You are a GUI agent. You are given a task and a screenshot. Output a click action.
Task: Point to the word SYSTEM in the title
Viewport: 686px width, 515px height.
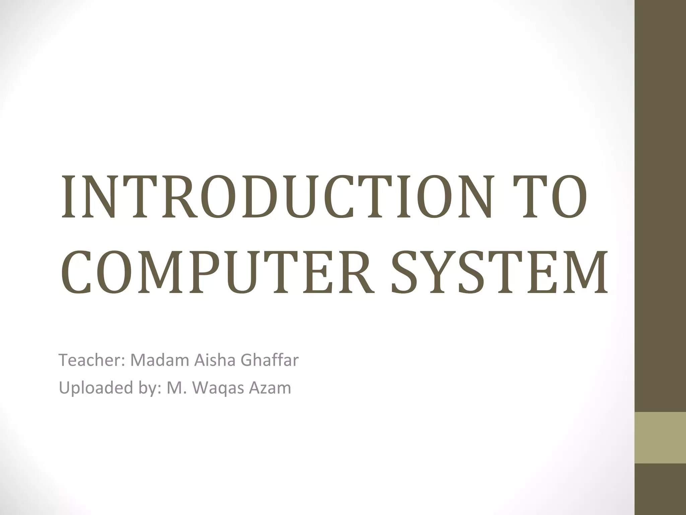(499, 272)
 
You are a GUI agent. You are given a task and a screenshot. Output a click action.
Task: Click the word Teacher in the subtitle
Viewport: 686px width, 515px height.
(91, 360)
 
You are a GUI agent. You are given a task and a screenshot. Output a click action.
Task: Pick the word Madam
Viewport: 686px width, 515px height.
(159, 360)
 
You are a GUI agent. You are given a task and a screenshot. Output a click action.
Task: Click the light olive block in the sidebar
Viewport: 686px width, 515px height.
(660, 438)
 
